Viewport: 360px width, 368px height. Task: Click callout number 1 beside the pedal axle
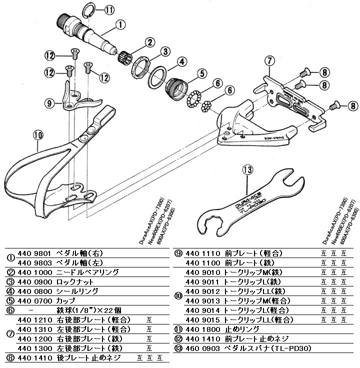120,23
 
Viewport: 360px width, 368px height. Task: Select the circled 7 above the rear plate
269,61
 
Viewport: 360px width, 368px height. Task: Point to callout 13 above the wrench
248,170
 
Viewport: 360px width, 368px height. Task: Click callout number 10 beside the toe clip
38,134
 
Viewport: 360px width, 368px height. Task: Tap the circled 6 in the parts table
9,310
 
